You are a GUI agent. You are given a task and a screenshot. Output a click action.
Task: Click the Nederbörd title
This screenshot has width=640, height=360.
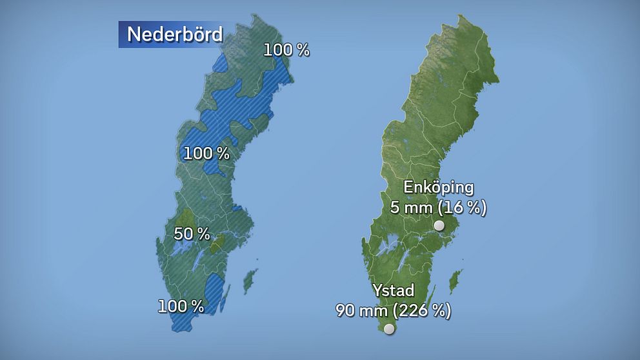[x=174, y=34]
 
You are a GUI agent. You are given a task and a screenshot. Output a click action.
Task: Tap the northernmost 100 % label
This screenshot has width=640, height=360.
[x=286, y=50]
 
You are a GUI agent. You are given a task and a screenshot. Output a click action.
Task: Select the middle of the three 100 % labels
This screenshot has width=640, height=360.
[x=206, y=154]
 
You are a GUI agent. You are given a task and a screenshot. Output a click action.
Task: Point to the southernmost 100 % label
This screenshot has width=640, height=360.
[x=181, y=306]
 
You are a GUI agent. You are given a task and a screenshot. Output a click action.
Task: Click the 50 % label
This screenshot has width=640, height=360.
[x=192, y=234]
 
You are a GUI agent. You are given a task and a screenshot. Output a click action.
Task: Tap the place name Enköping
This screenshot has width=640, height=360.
[x=439, y=188]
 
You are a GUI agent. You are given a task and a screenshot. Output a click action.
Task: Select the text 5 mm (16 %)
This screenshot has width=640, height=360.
[x=438, y=208]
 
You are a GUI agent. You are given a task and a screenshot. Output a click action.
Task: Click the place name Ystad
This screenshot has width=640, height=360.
[x=393, y=290]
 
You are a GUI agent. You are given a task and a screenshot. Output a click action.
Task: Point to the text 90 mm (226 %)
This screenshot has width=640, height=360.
[x=393, y=310]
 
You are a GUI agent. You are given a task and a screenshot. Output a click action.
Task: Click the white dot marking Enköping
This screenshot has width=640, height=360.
[x=439, y=225]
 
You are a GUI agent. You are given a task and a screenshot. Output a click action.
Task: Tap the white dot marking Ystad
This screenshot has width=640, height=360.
[x=389, y=329]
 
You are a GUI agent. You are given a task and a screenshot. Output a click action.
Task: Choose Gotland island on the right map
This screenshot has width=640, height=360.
[x=456, y=280]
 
